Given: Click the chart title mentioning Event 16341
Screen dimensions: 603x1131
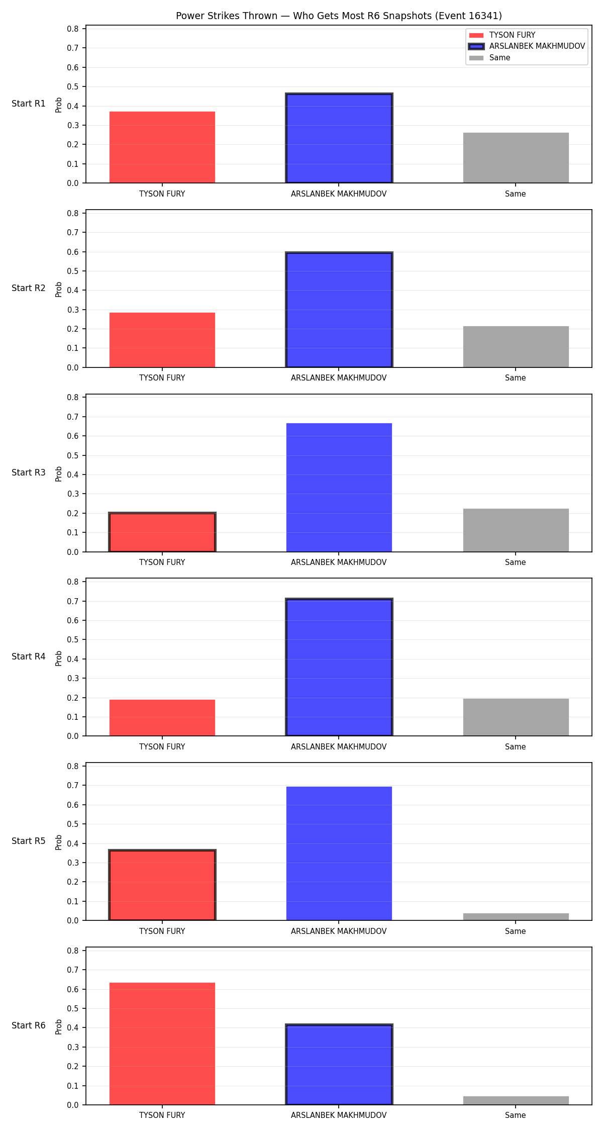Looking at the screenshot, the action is point(339,16).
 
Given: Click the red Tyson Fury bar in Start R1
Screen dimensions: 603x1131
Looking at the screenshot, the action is point(162,147).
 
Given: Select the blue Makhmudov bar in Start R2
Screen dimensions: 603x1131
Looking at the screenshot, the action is point(339,310).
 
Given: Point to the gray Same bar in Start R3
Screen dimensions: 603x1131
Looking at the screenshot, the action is point(516,530).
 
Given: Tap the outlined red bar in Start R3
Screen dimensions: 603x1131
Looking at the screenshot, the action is point(162,532).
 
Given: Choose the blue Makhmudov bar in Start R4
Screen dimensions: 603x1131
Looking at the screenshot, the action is point(339,668).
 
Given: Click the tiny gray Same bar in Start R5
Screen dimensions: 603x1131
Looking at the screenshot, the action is point(516,917).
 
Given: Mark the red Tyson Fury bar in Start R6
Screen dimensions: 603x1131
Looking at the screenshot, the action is point(162,1044).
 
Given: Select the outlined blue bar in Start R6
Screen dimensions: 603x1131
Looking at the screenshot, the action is point(339,1064).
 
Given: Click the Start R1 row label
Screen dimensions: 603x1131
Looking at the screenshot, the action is point(29,104).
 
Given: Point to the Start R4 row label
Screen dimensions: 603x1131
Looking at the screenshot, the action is point(29,656).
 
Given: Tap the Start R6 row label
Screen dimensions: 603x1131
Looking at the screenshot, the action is point(29,1025).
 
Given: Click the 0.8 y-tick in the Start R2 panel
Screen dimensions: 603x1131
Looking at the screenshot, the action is point(73,213).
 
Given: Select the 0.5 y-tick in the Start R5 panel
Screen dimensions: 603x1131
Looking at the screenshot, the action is point(73,824).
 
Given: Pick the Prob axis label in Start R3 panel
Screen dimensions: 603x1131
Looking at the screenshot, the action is point(59,474).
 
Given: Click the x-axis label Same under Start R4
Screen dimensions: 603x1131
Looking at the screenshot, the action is point(516,747).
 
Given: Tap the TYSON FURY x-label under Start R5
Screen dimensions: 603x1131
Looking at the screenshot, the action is point(162,931).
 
